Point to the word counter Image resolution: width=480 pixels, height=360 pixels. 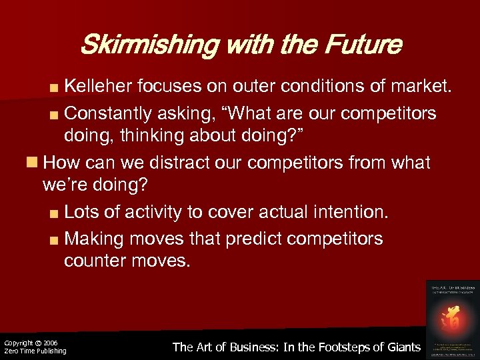coord(93,261)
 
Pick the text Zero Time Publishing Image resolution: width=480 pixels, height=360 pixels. coord(35,351)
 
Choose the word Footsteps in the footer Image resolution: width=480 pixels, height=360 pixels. coord(331,347)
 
